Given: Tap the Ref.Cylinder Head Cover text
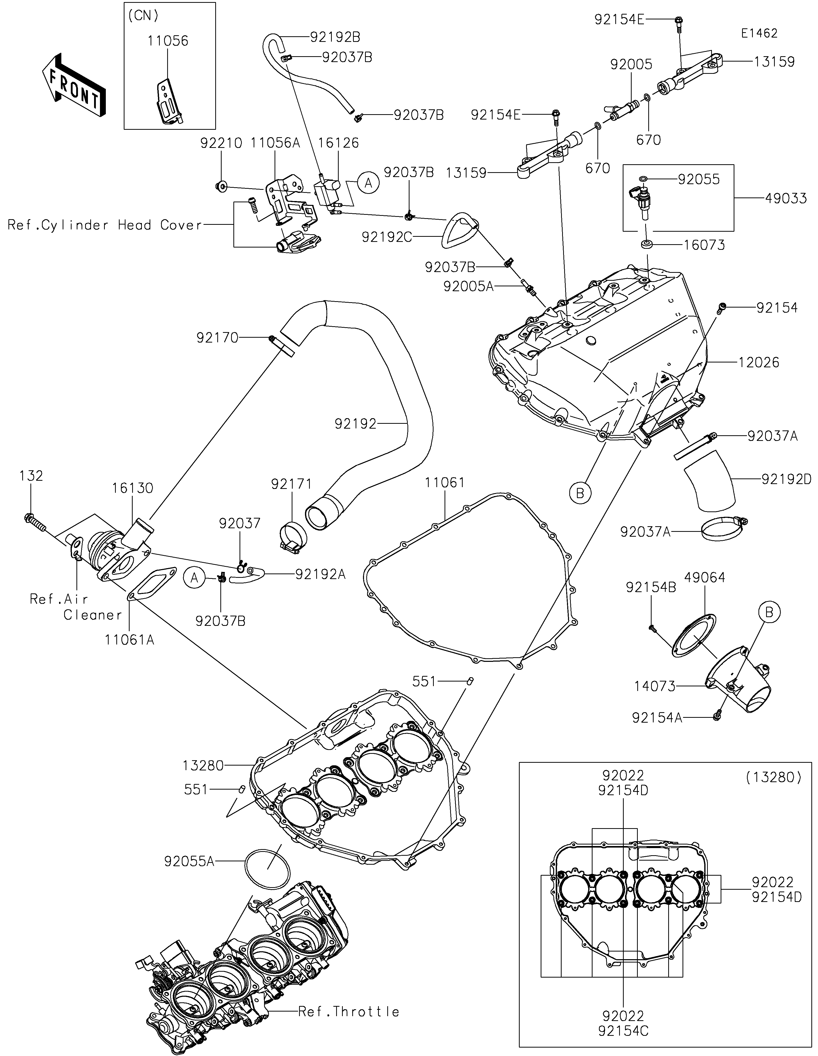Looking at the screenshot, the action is tap(105, 225).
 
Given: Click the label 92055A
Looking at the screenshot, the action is tap(189, 861).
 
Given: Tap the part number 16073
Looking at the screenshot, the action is tap(704, 245).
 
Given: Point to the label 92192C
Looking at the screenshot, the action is tap(387, 237).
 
